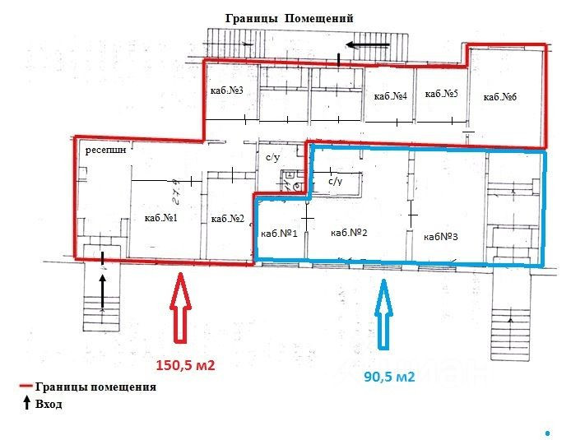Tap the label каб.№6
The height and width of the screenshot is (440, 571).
(499, 98)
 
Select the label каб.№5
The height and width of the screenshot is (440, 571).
(441, 95)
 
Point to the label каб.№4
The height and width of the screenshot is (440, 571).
(391, 97)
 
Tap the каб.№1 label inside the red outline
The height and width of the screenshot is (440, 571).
(161, 218)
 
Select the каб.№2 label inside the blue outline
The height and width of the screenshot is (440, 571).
(348, 233)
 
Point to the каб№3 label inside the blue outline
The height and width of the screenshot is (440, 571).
(440, 237)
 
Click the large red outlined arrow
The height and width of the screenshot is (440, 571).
(181, 311)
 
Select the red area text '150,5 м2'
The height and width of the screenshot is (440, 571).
(185, 365)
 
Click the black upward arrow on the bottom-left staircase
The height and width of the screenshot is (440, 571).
(102, 289)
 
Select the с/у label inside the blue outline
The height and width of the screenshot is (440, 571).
(335, 181)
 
